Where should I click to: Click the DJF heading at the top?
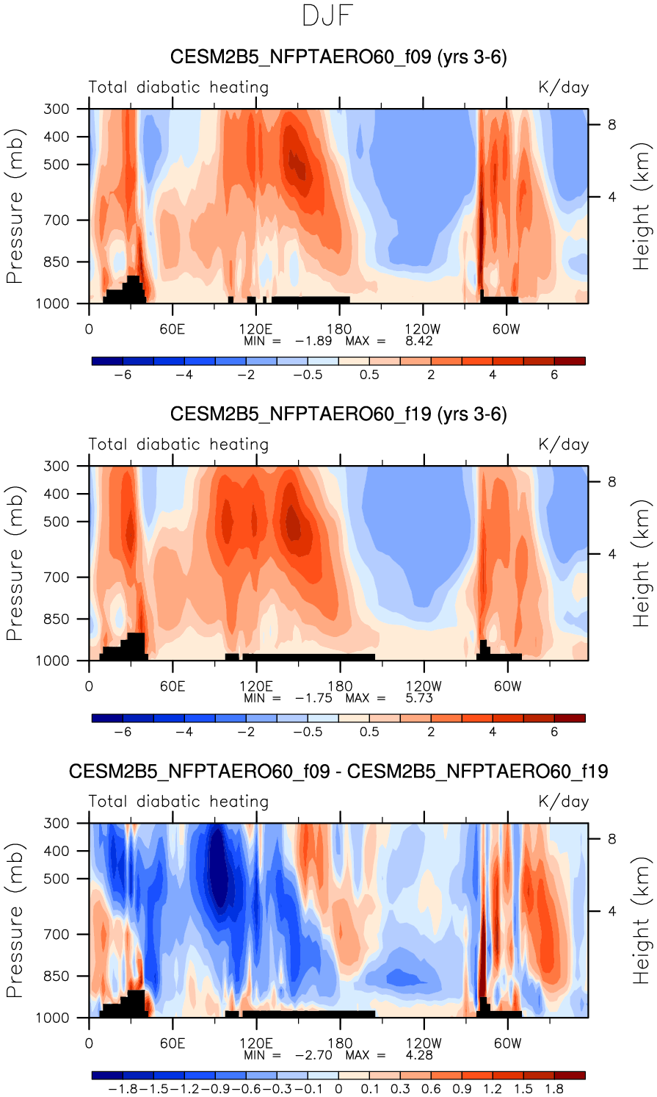pyautogui.click(x=328, y=16)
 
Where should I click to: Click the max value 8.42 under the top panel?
pyautogui.click(x=419, y=341)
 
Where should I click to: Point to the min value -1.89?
pyautogui.click(x=313, y=341)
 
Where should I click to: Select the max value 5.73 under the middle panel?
pyautogui.click(x=419, y=698)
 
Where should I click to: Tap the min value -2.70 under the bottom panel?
pyautogui.click(x=313, y=1055)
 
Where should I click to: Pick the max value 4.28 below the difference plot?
pyautogui.click(x=419, y=1055)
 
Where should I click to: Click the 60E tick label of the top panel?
pyautogui.click(x=172, y=329)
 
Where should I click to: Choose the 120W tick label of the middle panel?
pyautogui.click(x=424, y=686)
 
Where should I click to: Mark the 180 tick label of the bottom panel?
pyautogui.click(x=340, y=1043)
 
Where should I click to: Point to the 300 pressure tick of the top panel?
pyautogui.click(x=56, y=109)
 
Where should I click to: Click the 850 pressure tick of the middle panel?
pyautogui.click(x=56, y=619)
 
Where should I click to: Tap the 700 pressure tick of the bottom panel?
pyautogui.click(x=56, y=935)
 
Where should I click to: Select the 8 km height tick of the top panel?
pyautogui.click(x=611, y=125)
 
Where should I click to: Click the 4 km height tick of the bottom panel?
pyautogui.click(x=611, y=912)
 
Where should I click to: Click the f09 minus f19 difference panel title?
pyautogui.click(x=338, y=772)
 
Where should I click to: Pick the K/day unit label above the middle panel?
pyautogui.click(x=563, y=445)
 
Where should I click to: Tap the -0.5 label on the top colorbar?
pyautogui.click(x=308, y=375)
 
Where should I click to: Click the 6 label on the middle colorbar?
pyautogui.click(x=554, y=732)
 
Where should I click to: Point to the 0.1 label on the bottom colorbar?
pyautogui.click(x=369, y=1089)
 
